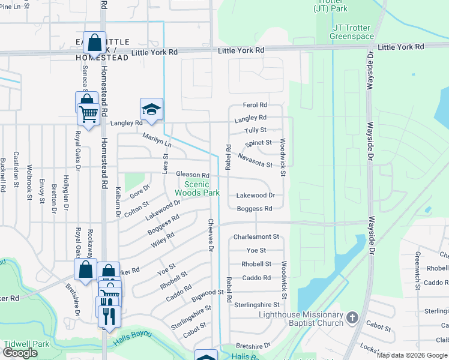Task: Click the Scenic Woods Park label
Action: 197,188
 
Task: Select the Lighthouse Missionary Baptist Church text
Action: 301,319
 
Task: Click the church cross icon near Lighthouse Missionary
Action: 352,317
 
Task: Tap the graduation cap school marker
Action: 152,109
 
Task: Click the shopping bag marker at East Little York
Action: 94,43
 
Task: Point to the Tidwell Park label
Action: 26,344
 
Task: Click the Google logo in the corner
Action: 20,353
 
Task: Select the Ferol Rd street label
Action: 255,105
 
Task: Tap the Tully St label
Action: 255,130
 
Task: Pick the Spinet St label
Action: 258,143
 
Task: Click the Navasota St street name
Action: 255,160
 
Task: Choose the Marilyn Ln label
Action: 157,140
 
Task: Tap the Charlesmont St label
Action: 256,237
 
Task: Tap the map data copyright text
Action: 412,355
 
